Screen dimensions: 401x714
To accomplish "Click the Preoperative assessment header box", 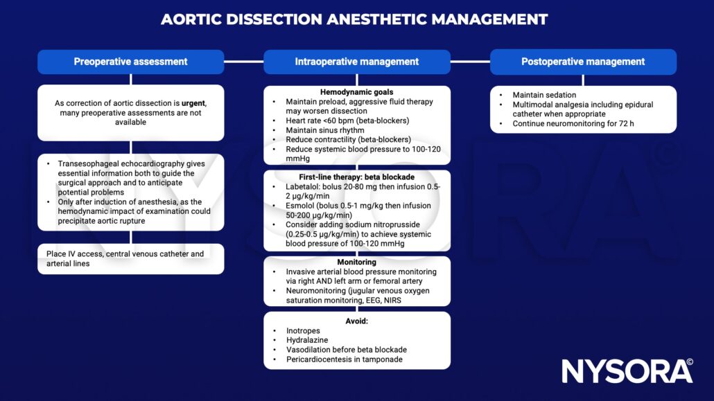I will coord(130,62).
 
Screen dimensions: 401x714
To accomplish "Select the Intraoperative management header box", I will coord(357,62).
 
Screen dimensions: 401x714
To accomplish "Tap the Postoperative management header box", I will coord(583,62).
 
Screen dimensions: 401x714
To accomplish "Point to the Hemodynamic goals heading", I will coord(357,92).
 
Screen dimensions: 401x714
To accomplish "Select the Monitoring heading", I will coord(357,262).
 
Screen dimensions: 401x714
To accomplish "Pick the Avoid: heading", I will coord(357,321).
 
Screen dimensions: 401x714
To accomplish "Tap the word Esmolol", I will coord(302,206).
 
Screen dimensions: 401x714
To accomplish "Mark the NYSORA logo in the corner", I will coord(627,371).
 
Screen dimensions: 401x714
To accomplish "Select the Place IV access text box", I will coord(130,258).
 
